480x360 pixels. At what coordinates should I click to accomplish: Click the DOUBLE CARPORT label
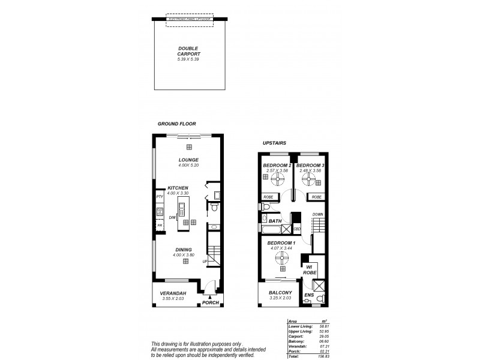pos(188,52)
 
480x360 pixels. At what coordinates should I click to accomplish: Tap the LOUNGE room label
pos(188,160)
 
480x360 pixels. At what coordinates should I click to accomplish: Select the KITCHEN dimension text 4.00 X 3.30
pos(178,193)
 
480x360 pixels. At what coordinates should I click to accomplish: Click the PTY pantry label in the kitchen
pos(160,196)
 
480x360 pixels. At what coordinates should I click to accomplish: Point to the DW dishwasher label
pos(172,217)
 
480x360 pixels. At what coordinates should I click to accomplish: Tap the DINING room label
pos(184,250)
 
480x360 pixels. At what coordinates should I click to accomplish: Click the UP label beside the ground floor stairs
pos(205,262)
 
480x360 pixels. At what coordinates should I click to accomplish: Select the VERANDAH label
pos(173,293)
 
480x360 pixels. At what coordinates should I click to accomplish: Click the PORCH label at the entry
pos(211,302)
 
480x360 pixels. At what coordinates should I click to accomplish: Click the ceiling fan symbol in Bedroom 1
pos(280,258)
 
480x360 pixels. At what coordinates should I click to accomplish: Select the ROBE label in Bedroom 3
pos(317,197)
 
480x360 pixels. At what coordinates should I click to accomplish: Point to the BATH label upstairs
pos(275,221)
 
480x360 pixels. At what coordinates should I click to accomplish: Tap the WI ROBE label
pos(310,269)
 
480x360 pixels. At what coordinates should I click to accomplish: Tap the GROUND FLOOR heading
pos(177,124)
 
